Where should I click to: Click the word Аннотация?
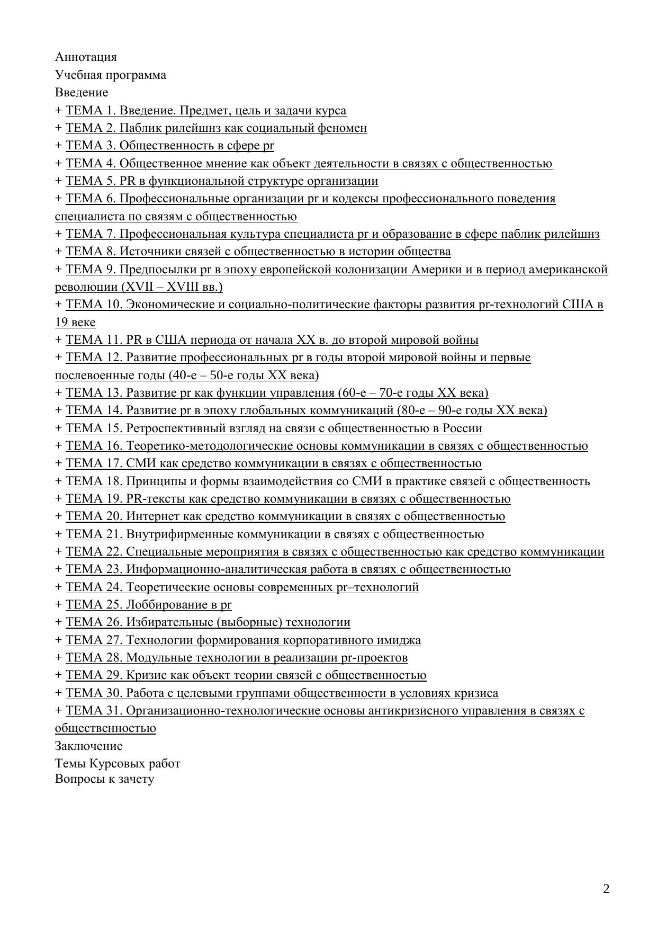click(86, 57)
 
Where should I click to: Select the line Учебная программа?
click(110, 75)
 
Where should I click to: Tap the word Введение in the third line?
click(82, 93)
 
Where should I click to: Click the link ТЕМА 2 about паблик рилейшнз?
click(216, 128)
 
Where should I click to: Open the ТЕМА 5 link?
click(221, 181)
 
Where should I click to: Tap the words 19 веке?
click(75, 323)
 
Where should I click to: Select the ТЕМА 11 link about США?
click(272, 340)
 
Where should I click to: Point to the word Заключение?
click(88, 746)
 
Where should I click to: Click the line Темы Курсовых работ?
click(118, 764)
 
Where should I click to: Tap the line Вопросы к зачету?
click(104, 779)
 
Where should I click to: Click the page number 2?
click(606, 889)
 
